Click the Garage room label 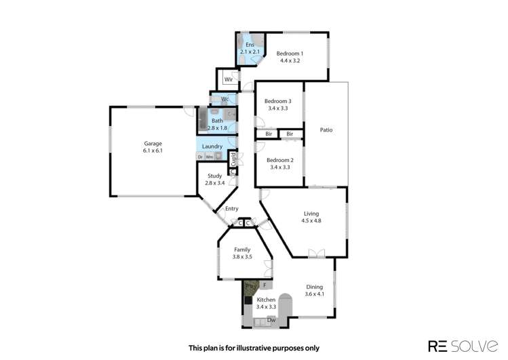click(x=153, y=143)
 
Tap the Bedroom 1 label click(x=290, y=53)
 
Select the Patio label click(x=326, y=129)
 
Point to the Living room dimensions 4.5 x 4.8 click(x=311, y=221)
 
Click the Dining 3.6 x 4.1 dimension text click(x=314, y=294)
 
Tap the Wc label click(x=225, y=99)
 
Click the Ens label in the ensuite click(x=250, y=44)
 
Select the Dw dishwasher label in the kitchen click(x=270, y=319)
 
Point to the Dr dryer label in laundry click(x=200, y=157)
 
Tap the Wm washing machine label click(x=209, y=157)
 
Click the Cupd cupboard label click(x=233, y=159)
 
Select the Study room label click(x=215, y=176)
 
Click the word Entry click(x=232, y=208)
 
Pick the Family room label click(x=243, y=249)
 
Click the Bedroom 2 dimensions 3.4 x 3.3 click(x=279, y=167)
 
